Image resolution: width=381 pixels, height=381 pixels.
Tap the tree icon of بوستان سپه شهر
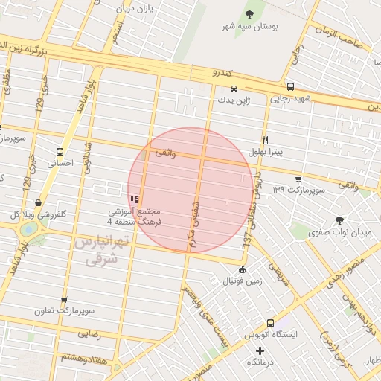(x=249, y=14)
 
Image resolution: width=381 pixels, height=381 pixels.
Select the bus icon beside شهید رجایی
(x=289, y=86)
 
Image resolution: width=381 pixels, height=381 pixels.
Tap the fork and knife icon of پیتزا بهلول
(x=265, y=139)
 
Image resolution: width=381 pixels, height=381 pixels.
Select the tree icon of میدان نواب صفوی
(x=340, y=220)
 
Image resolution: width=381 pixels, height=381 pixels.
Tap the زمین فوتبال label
(x=242, y=281)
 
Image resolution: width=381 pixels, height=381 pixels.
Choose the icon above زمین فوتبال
(x=242, y=269)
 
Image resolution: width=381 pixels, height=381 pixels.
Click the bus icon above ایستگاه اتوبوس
(x=269, y=324)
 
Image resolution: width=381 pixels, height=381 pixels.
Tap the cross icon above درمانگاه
(x=260, y=350)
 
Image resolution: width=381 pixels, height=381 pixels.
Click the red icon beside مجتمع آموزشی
(x=134, y=199)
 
